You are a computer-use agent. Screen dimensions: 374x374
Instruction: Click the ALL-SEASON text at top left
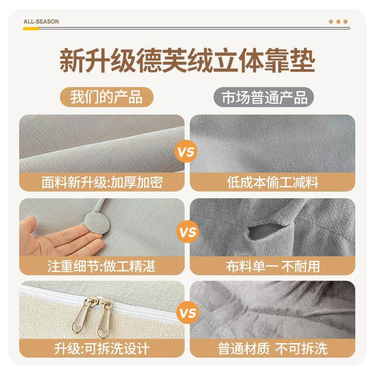pos(41,22)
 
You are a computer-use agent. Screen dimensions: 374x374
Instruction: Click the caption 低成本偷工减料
pos(273,182)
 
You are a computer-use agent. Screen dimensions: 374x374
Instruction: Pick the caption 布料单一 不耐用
pos(273,266)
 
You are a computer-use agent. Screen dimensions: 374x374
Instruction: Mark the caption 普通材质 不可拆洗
pos(273,348)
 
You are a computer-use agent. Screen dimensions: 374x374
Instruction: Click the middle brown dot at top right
pos(338,22)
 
